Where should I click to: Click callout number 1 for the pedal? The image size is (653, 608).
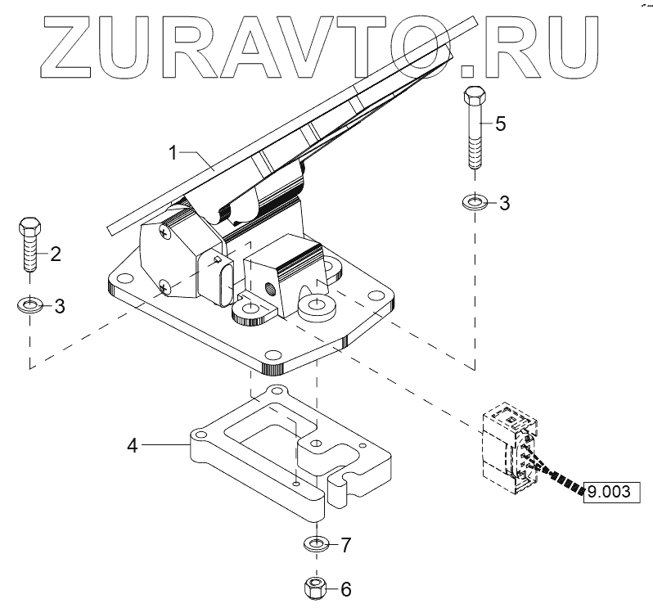(x=173, y=152)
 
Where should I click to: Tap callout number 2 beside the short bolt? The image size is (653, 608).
(x=56, y=254)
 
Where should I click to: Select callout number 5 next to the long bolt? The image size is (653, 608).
(x=500, y=124)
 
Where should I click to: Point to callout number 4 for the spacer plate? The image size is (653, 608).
(x=132, y=445)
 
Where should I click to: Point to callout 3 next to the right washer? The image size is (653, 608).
(x=504, y=203)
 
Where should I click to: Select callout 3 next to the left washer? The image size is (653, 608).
(x=59, y=307)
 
